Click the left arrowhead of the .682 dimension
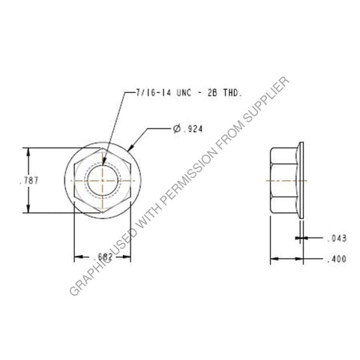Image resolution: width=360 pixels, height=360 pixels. [x=76, y=257]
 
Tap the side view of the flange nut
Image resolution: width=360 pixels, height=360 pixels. [x=286, y=181]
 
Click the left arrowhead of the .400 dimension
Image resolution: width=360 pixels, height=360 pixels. [x=271, y=259]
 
